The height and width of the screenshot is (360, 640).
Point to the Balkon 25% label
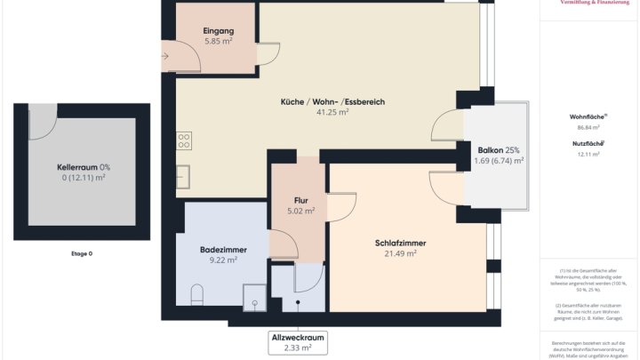[498, 149]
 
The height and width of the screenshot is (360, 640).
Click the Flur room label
[294, 201]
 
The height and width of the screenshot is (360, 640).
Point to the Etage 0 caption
[82, 254]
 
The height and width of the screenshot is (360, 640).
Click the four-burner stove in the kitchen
[184, 140]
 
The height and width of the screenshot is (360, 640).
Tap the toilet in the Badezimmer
[198, 294]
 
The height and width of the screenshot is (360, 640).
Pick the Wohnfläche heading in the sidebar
[588, 116]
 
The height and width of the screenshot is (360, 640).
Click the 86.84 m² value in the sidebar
[588, 127]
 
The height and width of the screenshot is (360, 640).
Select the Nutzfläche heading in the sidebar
[588, 143]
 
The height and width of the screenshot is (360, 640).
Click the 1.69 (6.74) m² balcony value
[498, 161]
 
